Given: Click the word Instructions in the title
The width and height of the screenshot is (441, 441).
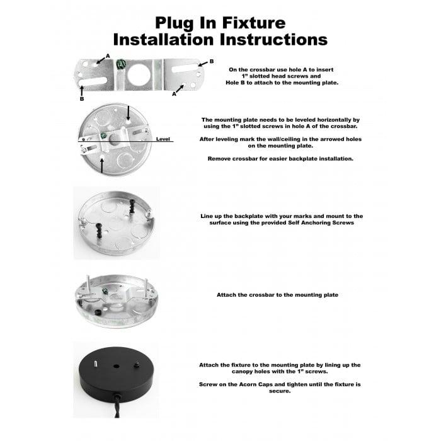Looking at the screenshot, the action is (x=273, y=40).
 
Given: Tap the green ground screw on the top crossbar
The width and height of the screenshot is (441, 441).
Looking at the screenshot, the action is (x=121, y=64).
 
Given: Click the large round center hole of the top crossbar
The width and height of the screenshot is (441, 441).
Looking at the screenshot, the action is (x=138, y=75).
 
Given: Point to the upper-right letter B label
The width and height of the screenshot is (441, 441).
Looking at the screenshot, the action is (x=212, y=61).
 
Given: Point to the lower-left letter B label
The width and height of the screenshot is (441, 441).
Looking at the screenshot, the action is (x=81, y=99).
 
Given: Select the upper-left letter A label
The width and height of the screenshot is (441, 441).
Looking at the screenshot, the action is (x=108, y=56).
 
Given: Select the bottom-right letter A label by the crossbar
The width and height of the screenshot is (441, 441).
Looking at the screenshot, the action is (x=174, y=94).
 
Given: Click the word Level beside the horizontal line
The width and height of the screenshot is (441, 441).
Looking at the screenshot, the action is (x=163, y=139).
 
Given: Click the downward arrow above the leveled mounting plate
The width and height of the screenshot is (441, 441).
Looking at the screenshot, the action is (x=129, y=113).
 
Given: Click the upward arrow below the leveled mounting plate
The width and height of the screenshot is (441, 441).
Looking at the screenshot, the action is (x=102, y=166).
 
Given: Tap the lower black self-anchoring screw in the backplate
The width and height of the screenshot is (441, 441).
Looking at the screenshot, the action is (x=100, y=231).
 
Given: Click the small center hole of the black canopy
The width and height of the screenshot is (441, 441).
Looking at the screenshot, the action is (x=116, y=367).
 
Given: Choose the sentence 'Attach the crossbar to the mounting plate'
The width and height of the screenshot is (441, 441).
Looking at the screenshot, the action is (x=277, y=295).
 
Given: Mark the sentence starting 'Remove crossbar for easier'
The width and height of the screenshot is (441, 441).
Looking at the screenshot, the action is (x=280, y=159).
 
